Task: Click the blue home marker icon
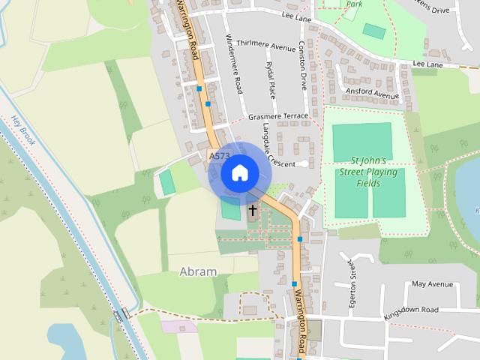click(239, 172)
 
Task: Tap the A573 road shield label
click(219, 156)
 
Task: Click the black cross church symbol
click(253, 211)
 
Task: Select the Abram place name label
click(198, 271)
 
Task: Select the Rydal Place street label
click(271, 85)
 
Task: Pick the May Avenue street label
click(433, 284)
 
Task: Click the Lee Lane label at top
click(297, 14)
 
